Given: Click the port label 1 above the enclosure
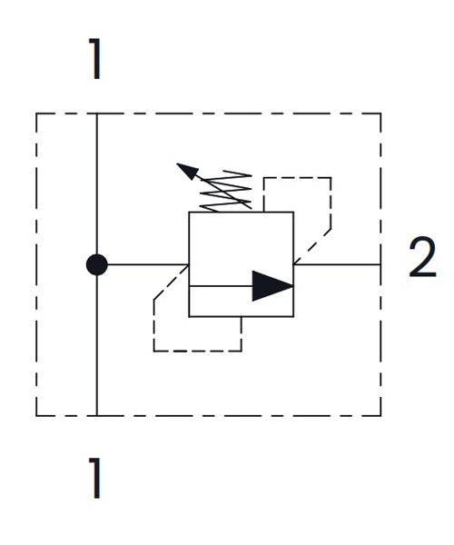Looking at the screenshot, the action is (x=95, y=59).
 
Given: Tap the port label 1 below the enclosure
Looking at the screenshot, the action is (x=95, y=479).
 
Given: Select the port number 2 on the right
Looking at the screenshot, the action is (x=422, y=257).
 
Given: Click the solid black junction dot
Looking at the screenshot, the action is (x=97, y=265).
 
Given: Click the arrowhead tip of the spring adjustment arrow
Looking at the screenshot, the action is (x=177, y=163).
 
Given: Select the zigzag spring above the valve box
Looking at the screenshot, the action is (x=226, y=191).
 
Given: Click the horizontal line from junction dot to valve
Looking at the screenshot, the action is (x=148, y=265).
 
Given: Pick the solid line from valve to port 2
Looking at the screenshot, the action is (x=337, y=265).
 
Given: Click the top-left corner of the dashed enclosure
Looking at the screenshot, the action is (x=36, y=114).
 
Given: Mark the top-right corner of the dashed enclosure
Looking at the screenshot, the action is (x=380, y=114).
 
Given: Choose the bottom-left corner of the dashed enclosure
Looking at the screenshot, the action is (x=36, y=415).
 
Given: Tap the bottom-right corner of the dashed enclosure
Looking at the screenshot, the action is (x=380, y=415).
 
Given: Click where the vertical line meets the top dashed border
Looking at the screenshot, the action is (x=97, y=114).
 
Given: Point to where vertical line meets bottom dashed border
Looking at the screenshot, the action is (x=97, y=415).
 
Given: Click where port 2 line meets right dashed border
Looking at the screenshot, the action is (x=380, y=265).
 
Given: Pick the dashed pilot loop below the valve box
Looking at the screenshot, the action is (x=197, y=351).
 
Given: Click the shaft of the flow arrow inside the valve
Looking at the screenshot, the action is (x=221, y=286).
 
